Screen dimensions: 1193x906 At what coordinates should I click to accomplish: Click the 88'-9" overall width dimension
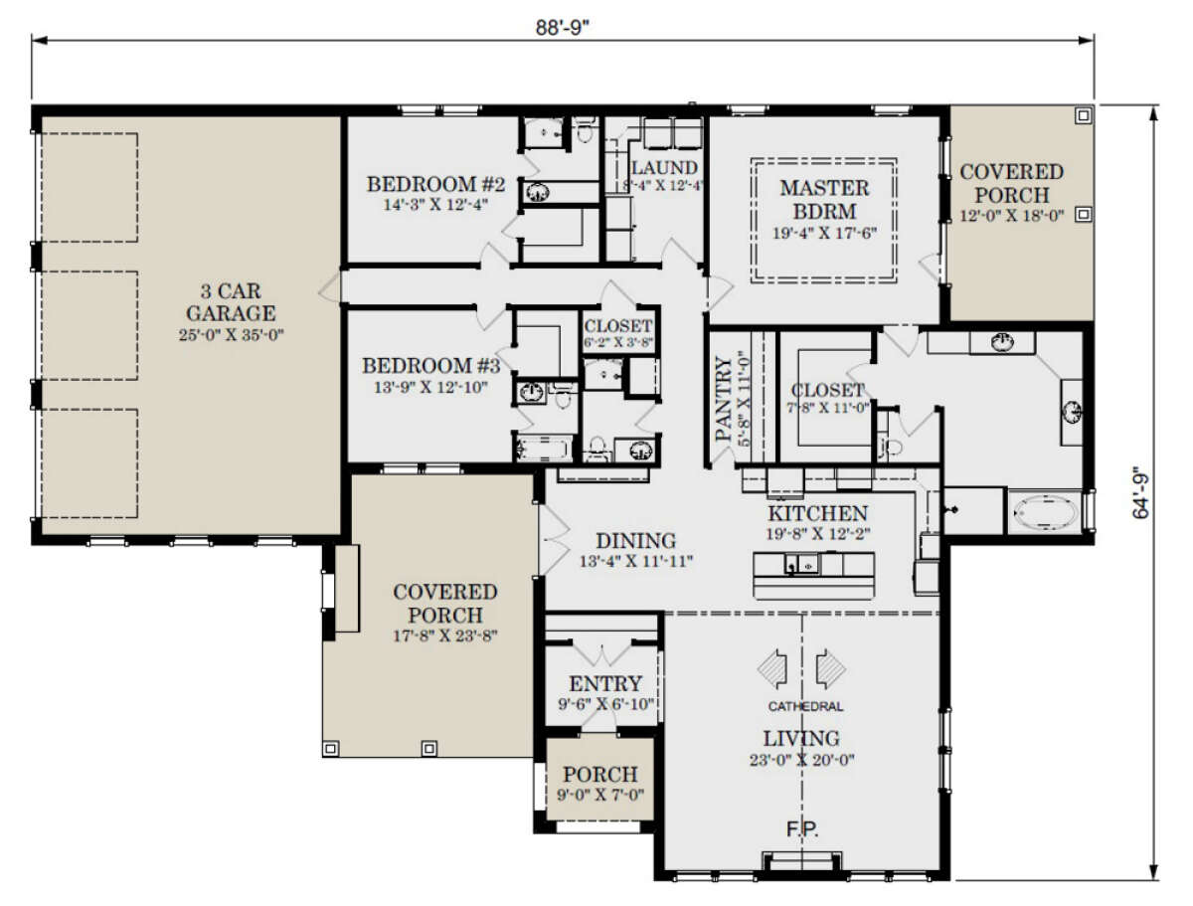(x=562, y=27)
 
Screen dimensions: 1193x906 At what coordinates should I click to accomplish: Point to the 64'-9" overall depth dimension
(x=1140, y=496)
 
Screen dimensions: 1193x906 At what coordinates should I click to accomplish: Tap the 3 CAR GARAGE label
(x=231, y=302)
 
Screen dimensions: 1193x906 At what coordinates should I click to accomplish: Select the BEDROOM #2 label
(x=435, y=184)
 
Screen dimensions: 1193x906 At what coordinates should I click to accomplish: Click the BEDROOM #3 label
(x=431, y=366)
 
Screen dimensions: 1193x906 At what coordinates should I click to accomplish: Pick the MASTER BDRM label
(x=824, y=200)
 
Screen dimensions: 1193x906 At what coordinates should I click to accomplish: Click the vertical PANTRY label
(x=724, y=398)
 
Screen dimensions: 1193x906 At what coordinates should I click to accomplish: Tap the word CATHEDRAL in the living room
(x=805, y=706)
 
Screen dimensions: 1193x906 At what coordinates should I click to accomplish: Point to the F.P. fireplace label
(x=802, y=829)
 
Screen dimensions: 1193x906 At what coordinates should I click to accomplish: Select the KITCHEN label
(x=817, y=513)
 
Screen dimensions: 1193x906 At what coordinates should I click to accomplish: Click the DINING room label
(x=636, y=541)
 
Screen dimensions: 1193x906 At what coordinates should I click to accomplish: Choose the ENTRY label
(x=605, y=683)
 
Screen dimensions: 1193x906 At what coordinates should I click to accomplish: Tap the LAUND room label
(x=664, y=167)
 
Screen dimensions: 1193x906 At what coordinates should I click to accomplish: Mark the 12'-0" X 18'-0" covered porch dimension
(x=1011, y=216)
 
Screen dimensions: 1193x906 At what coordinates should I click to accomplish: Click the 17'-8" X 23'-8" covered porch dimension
(x=445, y=635)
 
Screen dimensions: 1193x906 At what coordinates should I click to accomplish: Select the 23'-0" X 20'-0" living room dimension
(x=801, y=760)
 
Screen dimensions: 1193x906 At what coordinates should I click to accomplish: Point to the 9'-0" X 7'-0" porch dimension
(x=600, y=796)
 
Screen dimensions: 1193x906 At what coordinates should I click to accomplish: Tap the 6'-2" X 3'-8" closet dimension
(x=618, y=343)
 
